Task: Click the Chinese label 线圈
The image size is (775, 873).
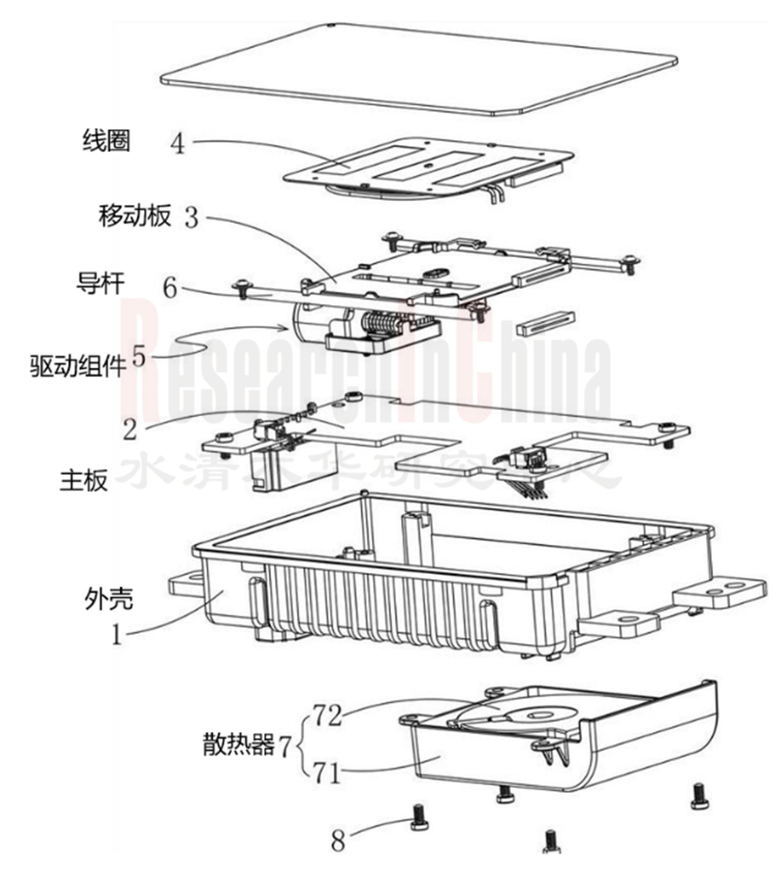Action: point(107,141)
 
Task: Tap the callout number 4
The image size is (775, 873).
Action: point(178,145)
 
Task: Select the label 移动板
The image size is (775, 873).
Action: point(135,216)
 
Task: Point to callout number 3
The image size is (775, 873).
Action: point(192,217)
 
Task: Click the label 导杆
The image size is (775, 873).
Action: point(100,283)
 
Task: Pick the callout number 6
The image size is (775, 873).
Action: point(170,287)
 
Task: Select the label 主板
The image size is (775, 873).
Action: point(84,480)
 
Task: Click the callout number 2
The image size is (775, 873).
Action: point(130,429)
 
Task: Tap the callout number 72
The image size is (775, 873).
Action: point(328,715)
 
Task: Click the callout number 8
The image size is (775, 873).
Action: point(339,841)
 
